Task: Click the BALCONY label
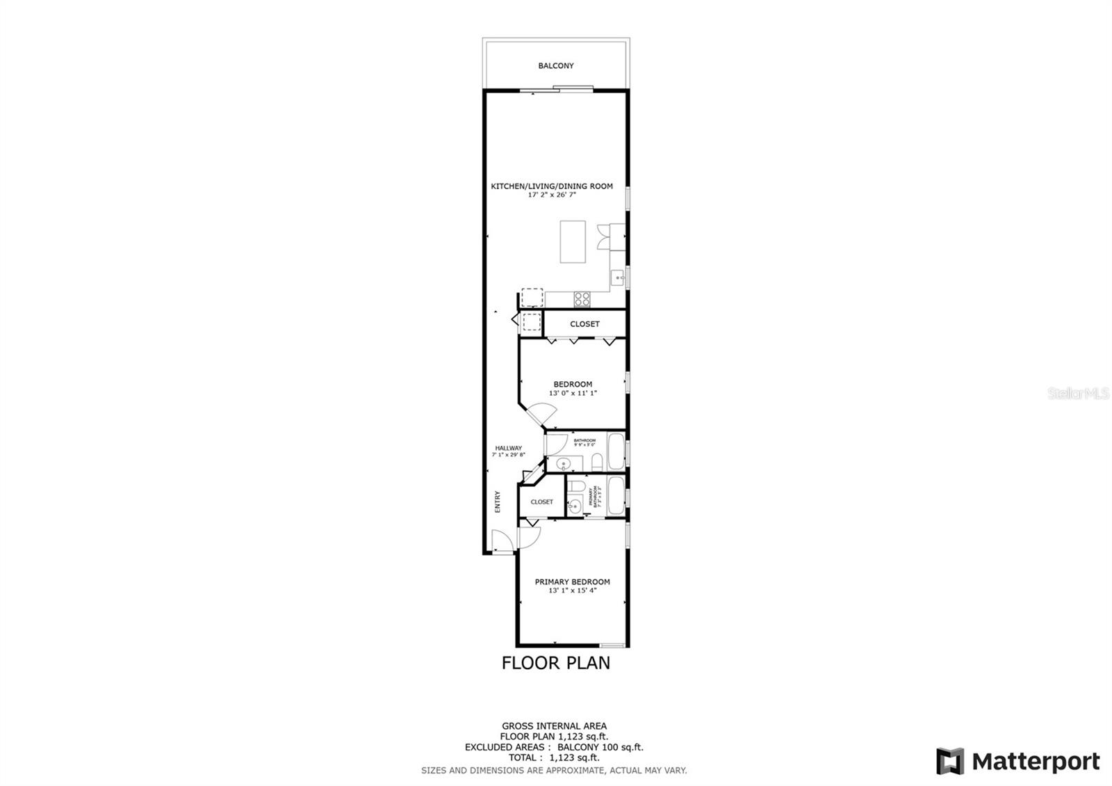click(555, 66)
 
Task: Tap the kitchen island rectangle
click(573, 241)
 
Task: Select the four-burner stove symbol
click(582, 299)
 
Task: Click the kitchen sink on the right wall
click(618, 278)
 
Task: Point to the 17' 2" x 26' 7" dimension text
click(552, 195)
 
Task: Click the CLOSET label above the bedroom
click(584, 324)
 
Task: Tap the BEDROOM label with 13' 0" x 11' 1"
click(573, 384)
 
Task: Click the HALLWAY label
click(508, 448)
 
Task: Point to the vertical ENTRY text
click(498, 502)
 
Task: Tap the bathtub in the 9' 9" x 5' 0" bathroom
click(616, 450)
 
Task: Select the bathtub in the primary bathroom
click(616, 496)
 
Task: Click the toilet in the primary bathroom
click(575, 486)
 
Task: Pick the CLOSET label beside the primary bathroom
click(541, 502)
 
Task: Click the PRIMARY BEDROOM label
click(572, 582)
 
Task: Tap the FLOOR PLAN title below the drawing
click(555, 663)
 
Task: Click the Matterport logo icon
click(949, 761)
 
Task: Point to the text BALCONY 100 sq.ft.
click(600, 748)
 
